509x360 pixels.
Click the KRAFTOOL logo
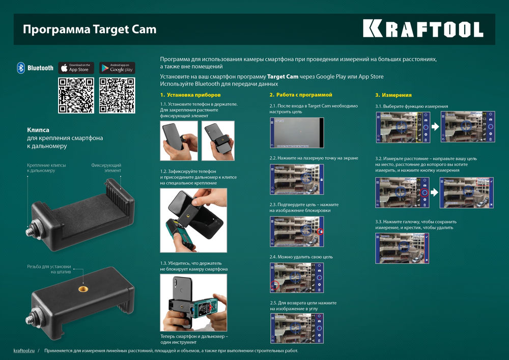point(422,29)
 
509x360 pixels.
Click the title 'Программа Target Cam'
point(89,29)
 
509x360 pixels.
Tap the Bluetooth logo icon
point(21,68)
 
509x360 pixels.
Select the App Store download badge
point(76,68)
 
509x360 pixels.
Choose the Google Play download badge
point(117,68)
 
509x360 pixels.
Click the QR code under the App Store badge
point(76,95)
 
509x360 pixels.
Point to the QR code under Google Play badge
point(117,95)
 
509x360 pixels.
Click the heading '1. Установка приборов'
point(190,95)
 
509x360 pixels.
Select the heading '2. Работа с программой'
point(301,95)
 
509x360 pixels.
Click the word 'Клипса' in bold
point(38,130)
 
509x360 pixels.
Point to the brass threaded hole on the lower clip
point(82,288)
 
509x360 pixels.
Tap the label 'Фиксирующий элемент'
point(106,168)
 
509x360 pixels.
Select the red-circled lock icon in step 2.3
point(320,232)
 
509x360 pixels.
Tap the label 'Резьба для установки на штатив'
point(49,269)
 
